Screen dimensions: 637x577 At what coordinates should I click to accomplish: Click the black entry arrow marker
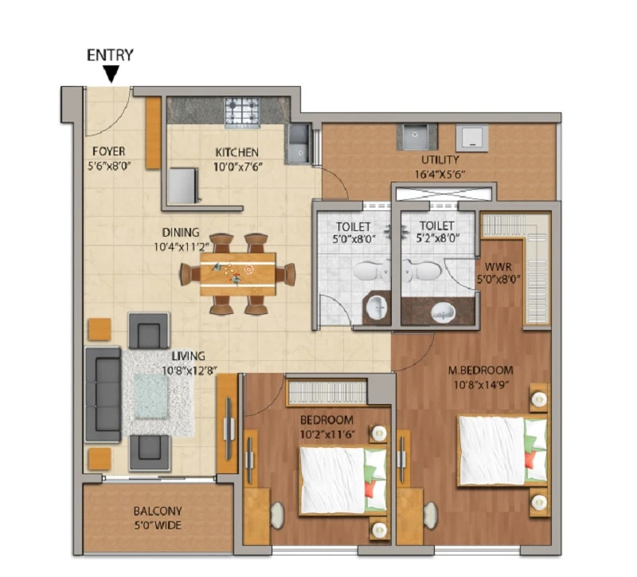click(111, 74)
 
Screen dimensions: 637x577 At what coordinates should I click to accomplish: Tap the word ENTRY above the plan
click(110, 55)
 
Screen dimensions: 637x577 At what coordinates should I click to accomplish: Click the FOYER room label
click(108, 151)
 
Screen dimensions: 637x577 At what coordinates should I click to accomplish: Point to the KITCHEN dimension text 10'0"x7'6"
click(238, 167)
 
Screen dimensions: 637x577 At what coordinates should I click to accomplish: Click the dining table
click(238, 274)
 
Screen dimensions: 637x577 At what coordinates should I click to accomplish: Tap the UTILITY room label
click(440, 159)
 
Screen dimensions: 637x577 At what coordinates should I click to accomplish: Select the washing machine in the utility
click(471, 138)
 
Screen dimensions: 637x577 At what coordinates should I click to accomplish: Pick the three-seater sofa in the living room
click(104, 394)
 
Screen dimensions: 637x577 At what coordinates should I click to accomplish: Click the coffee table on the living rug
click(150, 397)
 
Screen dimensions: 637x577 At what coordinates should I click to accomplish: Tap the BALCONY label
click(158, 511)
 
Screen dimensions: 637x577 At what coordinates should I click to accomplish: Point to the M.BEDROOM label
click(481, 371)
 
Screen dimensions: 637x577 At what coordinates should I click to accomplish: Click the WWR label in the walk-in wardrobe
click(498, 267)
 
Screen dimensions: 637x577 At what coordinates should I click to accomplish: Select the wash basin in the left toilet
click(377, 308)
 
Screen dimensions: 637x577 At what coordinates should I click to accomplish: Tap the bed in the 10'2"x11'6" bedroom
click(342, 481)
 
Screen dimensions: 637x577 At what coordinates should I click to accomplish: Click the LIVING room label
click(188, 356)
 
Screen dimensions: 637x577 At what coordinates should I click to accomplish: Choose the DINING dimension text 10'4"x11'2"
click(182, 247)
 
